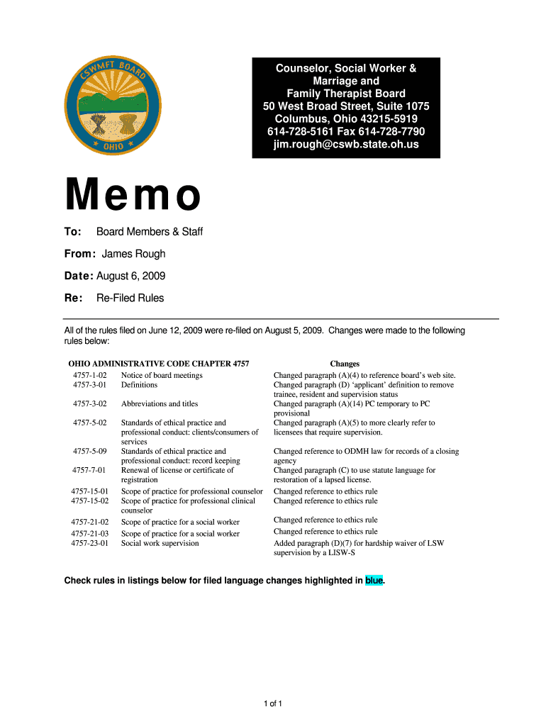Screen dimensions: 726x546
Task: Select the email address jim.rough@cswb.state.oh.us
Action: pyautogui.click(x=346, y=145)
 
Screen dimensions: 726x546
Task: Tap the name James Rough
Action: pyautogui.click(x=133, y=254)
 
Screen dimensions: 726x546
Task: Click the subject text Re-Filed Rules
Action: pyautogui.click(x=130, y=298)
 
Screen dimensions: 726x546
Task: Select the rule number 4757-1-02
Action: pyautogui.click(x=89, y=375)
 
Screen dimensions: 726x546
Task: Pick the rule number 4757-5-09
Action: pyautogui.click(x=89, y=451)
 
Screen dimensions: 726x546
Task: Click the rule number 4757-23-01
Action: pyautogui.click(x=89, y=543)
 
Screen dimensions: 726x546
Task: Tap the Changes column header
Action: pyautogui.click(x=345, y=364)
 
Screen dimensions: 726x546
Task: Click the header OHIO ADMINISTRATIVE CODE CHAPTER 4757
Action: pyautogui.click(x=159, y=364)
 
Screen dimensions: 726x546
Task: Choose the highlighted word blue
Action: pyautogui.click(x=374, y=581)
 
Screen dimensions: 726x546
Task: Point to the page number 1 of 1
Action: pyautogui.click(x=273, y=703)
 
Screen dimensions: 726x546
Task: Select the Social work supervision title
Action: pyautogui.click(x=160, y=543)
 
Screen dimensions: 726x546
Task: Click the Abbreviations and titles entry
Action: pyautogui.click(x=160, y=403)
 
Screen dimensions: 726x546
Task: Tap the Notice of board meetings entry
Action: pyautogui.click(x=162, y=375)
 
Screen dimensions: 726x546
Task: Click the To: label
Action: pyautogui.click(x=74, y=232)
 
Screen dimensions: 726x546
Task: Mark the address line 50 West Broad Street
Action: pyautogui.click(x=346, y=106)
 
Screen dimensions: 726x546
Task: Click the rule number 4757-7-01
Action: pyautogui.click(x=89, y=469)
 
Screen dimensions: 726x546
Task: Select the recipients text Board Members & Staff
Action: pyautogui.click(x=150, y=232)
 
